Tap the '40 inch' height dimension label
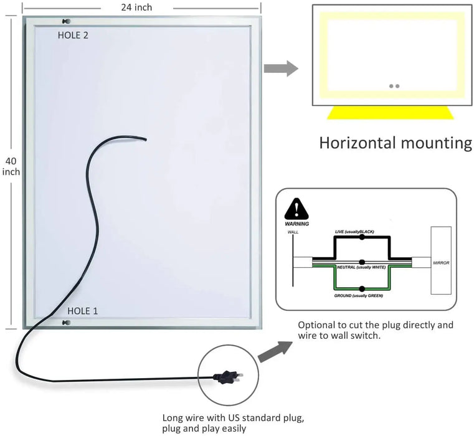11,166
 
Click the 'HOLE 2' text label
73,36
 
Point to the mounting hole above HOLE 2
67,22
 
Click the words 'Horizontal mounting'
396,143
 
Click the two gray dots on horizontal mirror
393,86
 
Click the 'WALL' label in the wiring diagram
293,232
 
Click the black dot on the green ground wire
361,288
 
